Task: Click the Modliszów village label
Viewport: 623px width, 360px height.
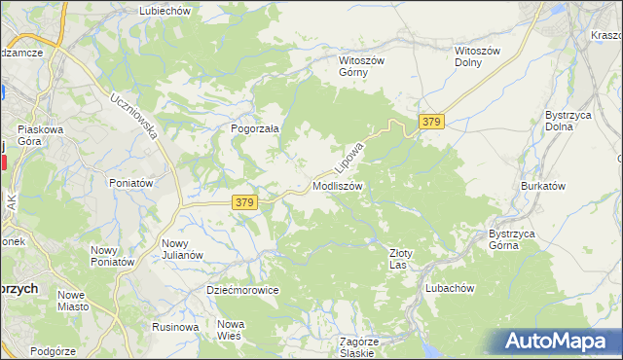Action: (338, 185)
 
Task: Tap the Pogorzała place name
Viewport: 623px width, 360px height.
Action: (255, 127)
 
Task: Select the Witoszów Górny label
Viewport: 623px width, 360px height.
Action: (362, 65)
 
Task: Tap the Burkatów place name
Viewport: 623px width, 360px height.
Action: (543, 185)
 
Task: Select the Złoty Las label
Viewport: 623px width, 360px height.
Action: (401, 259)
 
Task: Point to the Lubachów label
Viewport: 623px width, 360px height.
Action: (449, 288)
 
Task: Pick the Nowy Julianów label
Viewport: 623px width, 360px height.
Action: (182, 249)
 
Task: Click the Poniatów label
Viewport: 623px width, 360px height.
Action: (131, 183)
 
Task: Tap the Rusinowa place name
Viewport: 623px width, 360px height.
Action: (175, 327)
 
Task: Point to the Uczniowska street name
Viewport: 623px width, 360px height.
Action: (134, 116)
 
